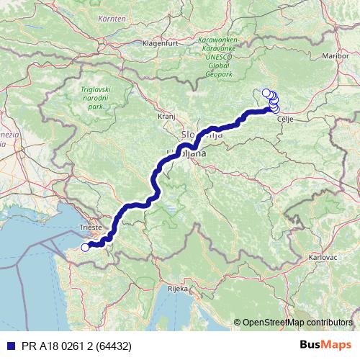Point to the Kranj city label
[166, 114]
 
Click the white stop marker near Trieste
[84, 248]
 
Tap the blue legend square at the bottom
[7, 346]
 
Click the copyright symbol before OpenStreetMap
[237, 323]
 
